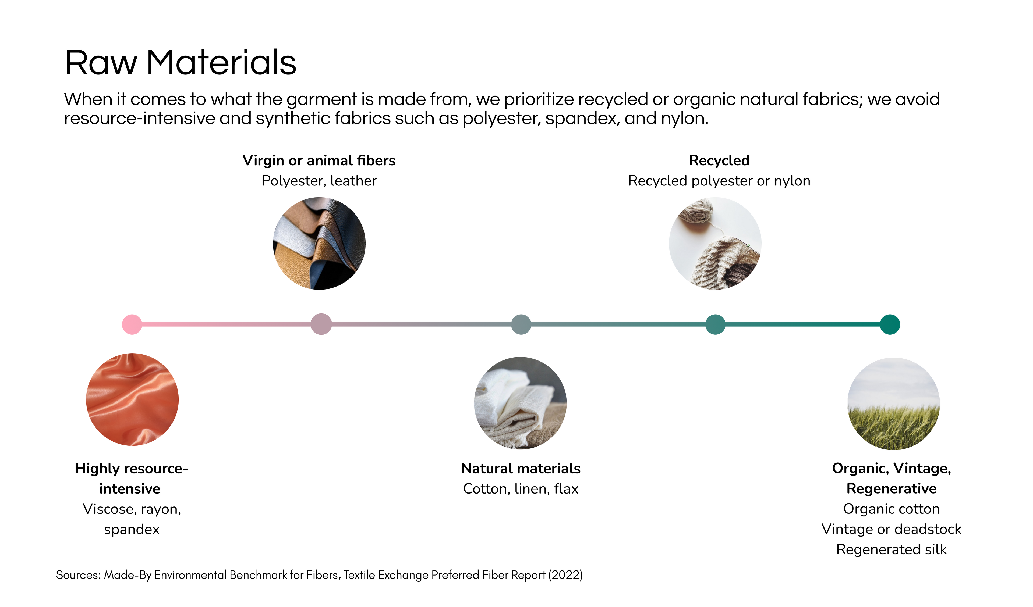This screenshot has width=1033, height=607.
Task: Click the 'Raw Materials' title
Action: [180, 62]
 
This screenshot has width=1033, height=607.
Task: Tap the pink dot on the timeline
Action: [132, 324]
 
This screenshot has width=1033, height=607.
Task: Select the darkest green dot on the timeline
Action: [890, 324]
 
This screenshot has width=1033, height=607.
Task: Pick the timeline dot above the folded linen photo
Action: [521, 324]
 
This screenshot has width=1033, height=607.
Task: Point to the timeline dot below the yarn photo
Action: [715, 324]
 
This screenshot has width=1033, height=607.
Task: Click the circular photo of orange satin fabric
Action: [132, 399]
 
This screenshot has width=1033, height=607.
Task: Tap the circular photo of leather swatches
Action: [319, 243]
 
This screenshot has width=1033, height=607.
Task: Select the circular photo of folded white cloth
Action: [520, 403]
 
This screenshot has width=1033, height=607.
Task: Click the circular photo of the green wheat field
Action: [894, 404]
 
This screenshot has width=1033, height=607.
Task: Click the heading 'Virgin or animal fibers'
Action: [319, 160]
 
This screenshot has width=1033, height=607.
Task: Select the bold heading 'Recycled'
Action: [719, 160]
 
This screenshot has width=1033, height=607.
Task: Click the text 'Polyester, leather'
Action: [319, 181]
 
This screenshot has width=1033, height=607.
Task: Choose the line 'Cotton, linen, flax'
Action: [521, 489]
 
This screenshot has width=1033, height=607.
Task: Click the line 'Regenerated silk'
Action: [892, 549]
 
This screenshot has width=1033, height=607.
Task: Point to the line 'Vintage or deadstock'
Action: [892, 529]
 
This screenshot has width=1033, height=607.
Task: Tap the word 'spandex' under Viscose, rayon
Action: [132, 530]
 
